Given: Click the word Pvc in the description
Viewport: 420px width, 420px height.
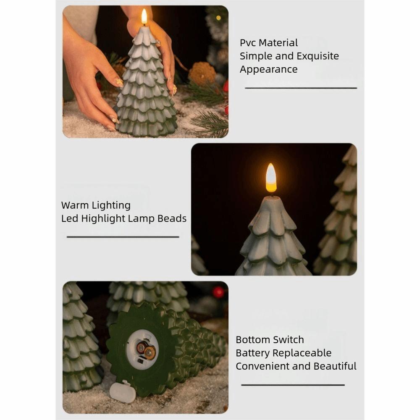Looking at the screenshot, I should [x=248, y=43].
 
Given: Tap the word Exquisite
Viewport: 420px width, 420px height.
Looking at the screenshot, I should [x=314, y=56].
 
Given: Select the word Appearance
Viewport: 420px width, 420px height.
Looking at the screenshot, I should [x=268, y=70].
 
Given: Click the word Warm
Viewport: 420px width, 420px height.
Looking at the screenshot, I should [x=74, y=205].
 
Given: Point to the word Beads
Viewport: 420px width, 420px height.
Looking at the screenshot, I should [x=172, y=219].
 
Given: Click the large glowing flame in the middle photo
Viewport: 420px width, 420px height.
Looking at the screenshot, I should [x=271, y=178].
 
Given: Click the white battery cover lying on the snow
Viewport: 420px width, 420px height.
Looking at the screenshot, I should [x=123, y=392].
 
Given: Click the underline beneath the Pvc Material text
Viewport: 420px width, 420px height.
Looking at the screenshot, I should [x=301, y=88].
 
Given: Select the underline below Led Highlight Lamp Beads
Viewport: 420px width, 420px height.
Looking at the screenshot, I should [x=123, y=237].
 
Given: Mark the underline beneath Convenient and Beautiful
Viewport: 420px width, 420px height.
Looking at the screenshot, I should [x=293, y=385].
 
